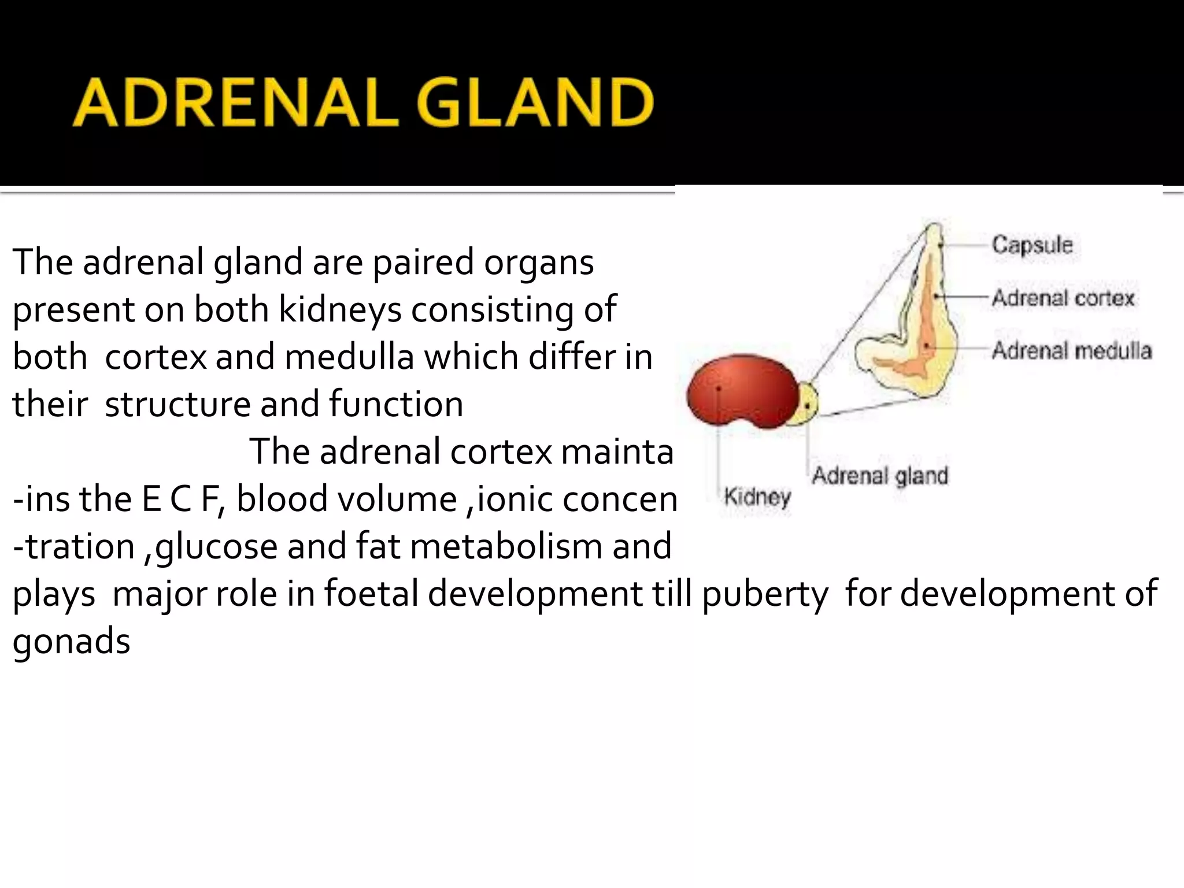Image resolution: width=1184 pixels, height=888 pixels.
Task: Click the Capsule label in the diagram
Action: [1033, 245]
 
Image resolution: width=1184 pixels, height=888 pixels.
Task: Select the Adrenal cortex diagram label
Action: [1063, 298]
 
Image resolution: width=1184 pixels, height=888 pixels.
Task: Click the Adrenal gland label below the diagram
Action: [880, 475]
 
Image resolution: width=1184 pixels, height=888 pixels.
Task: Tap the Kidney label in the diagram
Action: [757, 496]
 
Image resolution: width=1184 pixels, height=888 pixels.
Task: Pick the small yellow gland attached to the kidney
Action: [809, 404]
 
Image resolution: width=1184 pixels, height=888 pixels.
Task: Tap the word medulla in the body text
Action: [349, 357]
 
